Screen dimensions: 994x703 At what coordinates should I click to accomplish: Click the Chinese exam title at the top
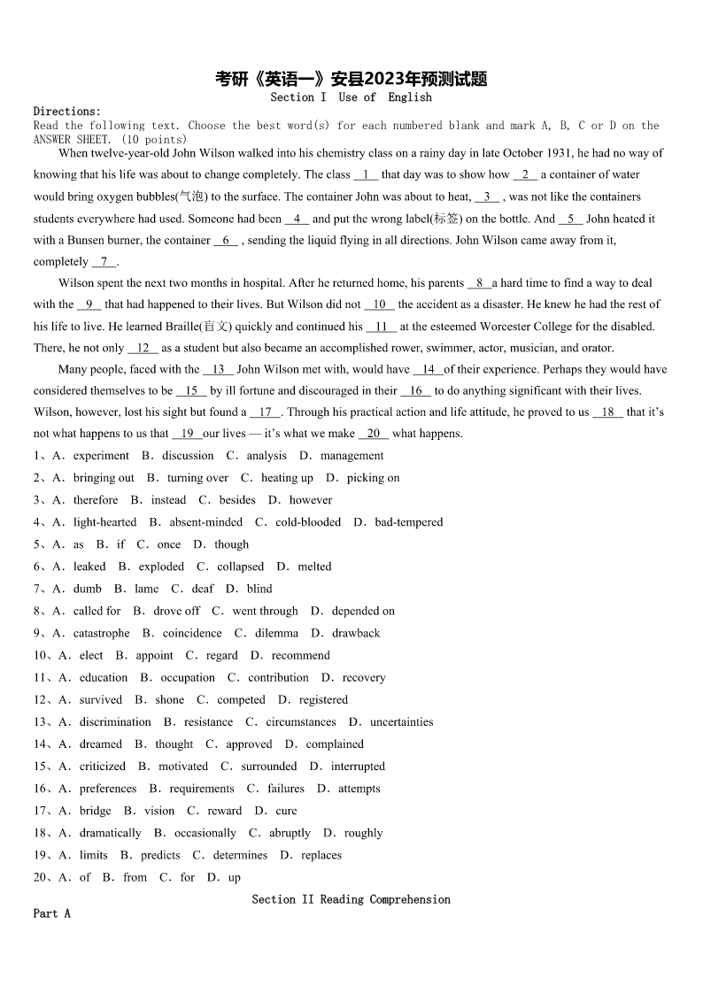pyautogui.click(x=351, y=80)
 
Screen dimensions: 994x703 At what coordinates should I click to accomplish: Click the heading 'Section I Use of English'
pyautogui.click(x=351, y=97)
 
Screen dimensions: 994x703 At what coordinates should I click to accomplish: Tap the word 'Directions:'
pyautogui.click(x=67, y=112)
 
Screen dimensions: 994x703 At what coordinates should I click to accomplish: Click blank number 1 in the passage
pyautogui.click(x=366, y=175)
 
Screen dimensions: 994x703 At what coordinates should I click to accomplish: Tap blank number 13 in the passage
pyautogui.click(x=218, y=370)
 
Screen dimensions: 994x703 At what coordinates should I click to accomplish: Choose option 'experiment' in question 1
pyautogui.click(x=101, y=456)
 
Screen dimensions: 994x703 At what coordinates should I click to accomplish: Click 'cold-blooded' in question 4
pyautogui.click(x=308, y=522)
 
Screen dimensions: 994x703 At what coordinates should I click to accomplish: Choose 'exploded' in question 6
pyautogui.click(x=162, y=566)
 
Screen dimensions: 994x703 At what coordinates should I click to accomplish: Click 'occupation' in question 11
pyautogui.click(x=188, y=678)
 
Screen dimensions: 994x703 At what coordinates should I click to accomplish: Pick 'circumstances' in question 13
pyautogui.click(x=301, y=722)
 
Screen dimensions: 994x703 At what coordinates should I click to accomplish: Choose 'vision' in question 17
pyautogui.click(x=159, y=811)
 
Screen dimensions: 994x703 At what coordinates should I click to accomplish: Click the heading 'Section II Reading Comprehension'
pyautogui.click(x=351, y=899)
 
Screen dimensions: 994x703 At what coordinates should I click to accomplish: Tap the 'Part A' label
pyautogui.click(x=51, y=913)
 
